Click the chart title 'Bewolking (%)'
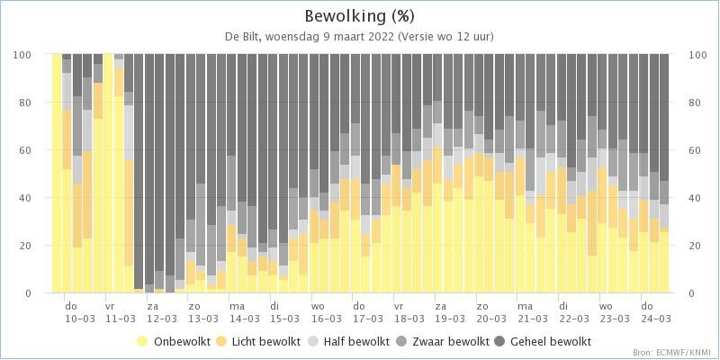360,16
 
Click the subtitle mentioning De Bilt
360,37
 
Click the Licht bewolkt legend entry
260,341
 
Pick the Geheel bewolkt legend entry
543,341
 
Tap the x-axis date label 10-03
80,319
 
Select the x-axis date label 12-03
162,319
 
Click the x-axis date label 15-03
285,319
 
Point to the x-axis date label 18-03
409,319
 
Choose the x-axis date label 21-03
532,319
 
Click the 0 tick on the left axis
28,293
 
